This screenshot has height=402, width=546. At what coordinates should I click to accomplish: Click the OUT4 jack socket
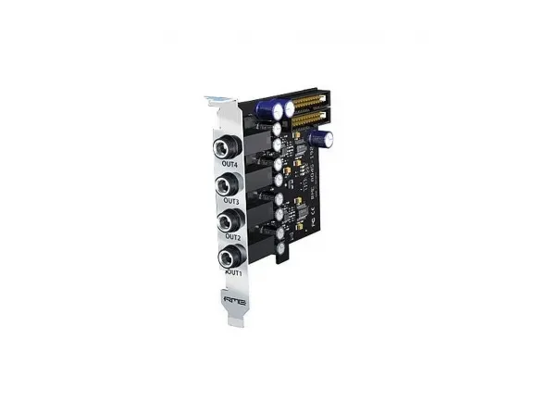click(226, 148)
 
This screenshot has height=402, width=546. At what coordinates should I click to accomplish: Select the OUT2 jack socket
click(227, 222)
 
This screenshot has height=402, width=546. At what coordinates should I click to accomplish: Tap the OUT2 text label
click(231, 238)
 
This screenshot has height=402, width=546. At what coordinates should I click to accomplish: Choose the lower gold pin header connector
click(313, 118)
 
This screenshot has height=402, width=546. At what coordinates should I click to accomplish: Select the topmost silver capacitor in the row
click(277, 133)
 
